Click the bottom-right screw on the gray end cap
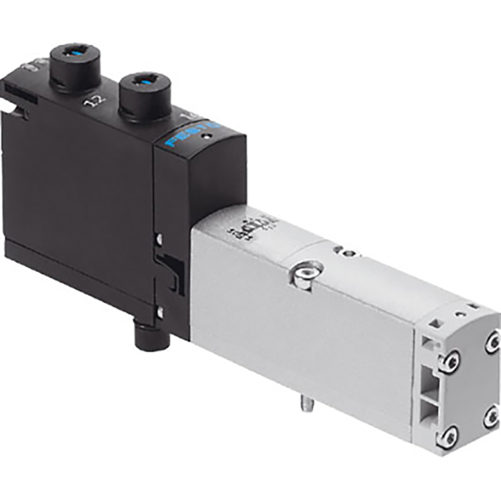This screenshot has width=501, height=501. tap(490, 417)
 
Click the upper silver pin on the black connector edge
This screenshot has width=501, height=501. tap(158, 238)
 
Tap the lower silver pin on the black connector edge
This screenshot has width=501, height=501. tap(160, 311)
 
